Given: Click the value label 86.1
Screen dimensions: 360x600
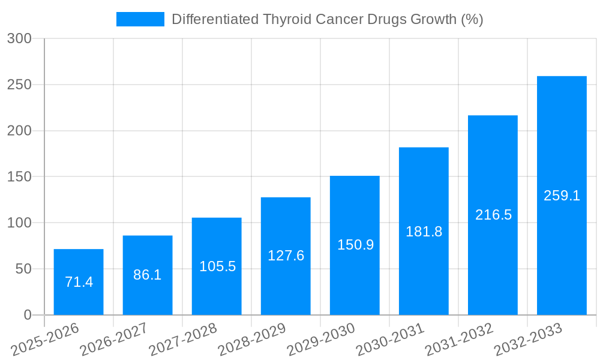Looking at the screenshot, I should [x=148, y=275].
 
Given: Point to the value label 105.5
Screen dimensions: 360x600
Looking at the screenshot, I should [x=217, y=267].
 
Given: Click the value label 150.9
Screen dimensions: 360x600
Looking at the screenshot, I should [x=355, y=245].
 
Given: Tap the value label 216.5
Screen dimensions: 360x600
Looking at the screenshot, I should [x=493, y=215].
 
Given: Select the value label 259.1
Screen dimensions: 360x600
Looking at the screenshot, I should [x=562, y=196].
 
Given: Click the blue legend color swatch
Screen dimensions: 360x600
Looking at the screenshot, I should [x=140, y=19].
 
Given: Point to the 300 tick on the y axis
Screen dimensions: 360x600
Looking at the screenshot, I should [x=19, y=39].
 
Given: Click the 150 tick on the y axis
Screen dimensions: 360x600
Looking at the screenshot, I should [x=19, y=177].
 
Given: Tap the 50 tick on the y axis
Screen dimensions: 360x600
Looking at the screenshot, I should [x=23, y=269].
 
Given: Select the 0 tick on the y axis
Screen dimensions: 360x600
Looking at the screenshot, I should [x=28, y=315].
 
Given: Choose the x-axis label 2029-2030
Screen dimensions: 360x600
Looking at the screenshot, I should [x=320, y=340].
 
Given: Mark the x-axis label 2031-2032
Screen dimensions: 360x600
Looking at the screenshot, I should [x=458, y=340].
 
